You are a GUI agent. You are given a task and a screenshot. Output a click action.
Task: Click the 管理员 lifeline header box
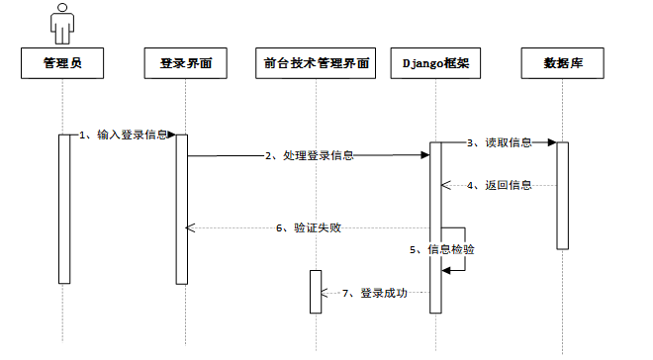pyautogui.click(x=62, y=63)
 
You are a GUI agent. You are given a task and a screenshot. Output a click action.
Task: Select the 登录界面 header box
pyautogui.click(x=186, y=63)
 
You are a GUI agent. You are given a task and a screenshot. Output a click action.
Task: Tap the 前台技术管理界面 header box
pyautogui.click(x=316, y=63)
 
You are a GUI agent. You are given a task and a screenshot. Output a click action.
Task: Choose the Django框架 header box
pyautogui.click(x=435, y=63)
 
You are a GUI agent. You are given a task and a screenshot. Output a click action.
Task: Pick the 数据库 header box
pyautogui.click(x=563, y=63)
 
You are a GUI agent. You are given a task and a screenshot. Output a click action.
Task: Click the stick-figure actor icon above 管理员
pyautogui.click(x=62, y=24)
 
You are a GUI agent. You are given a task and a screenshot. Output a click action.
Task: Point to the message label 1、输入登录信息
pyautogui.click(x=124, y=135)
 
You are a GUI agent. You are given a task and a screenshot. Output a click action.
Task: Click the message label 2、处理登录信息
pyautogui.click(x=310, y=155)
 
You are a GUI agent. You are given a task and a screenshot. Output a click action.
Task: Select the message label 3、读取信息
pyautogui.click(x=500, y=142)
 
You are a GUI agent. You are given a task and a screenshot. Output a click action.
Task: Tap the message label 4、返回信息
pyautogui.click(x=500, y=185)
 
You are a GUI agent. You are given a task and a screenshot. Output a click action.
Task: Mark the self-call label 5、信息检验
pyautogui.click(x=442, y=249)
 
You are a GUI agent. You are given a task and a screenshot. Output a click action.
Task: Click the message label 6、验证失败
pyautogui.click(x=309, y=228)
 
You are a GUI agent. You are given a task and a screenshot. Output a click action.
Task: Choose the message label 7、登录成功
pyautogui.click(x=375, y=293)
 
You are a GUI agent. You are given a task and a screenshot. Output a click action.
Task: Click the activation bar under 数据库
pyautogui.click(x=563, y=196)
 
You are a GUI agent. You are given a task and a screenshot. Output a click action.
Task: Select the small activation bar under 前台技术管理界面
pyautogui.click(x=316, y=292)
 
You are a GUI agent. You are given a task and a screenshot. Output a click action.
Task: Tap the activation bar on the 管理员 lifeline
pyautogui.click(x=64, y=209)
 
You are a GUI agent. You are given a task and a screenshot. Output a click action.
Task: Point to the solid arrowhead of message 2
pyautogui.click(x=425, y=155)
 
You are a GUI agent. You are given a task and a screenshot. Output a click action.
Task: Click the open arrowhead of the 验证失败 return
pyautogui.click(x=190, y=228)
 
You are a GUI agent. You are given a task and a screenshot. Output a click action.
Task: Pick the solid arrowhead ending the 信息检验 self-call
pyautogui.click(x=446, y=271)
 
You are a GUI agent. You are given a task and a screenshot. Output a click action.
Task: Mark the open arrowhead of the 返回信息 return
pyautogui.click(x=446, y=185)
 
